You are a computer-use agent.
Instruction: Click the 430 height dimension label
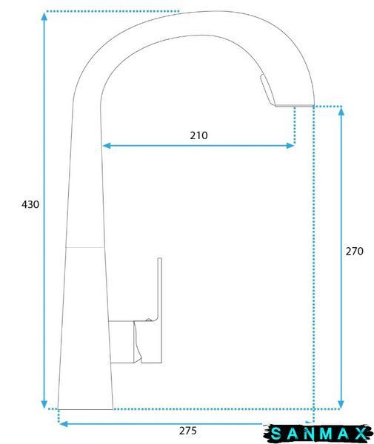(30, 204)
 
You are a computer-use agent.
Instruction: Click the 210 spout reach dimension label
(198, 135)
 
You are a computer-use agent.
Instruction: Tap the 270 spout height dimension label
(354, 251)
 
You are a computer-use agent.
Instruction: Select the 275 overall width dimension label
(187, 431)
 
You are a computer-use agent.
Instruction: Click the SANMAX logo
(318, 434)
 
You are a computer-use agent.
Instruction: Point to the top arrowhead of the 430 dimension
(44, 16)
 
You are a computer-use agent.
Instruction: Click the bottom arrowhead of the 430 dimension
(44, 404)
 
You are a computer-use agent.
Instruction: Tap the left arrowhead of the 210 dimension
(107, 146)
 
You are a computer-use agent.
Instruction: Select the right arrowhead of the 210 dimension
(290, 146)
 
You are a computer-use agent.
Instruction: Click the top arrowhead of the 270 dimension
(341, 112)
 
